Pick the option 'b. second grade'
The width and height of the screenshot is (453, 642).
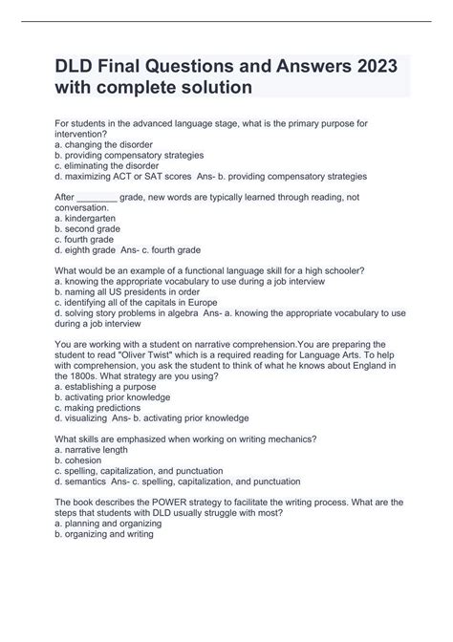point(95,229)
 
